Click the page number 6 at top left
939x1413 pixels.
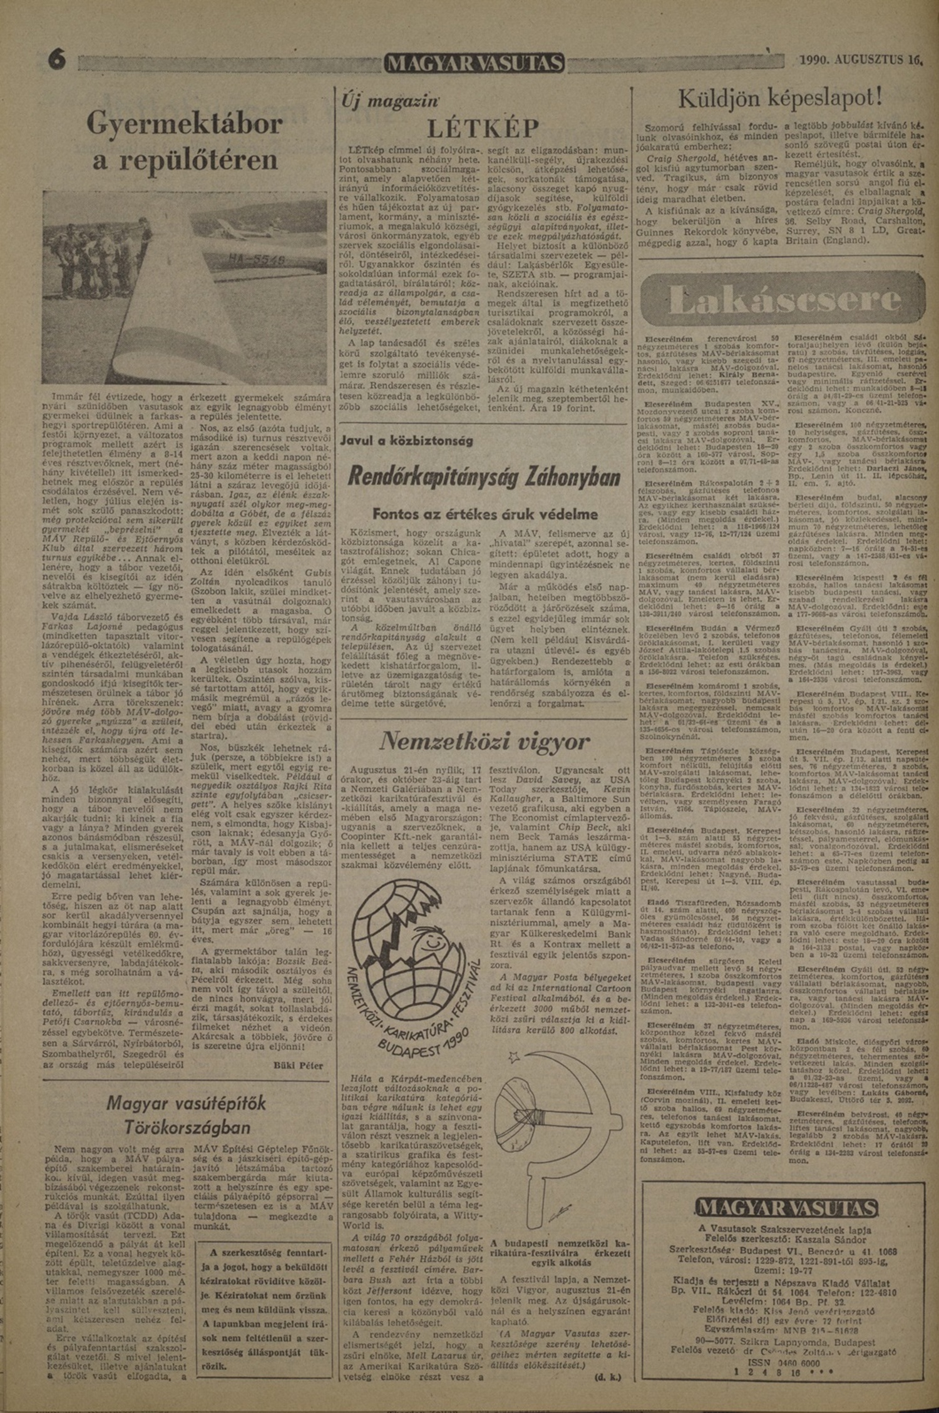tap(58, 62)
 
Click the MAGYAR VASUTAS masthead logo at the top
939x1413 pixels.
tap(475, 63)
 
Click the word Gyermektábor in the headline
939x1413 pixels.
tap(185, 123)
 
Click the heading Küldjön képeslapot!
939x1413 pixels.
tap(781, 97)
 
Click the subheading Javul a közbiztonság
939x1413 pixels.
tap(407, 441)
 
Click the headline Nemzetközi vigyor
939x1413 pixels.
tap(485, 742)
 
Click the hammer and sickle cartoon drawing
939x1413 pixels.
tap(551, 1120)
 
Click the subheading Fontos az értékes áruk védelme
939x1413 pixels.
tap(485, 514)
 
